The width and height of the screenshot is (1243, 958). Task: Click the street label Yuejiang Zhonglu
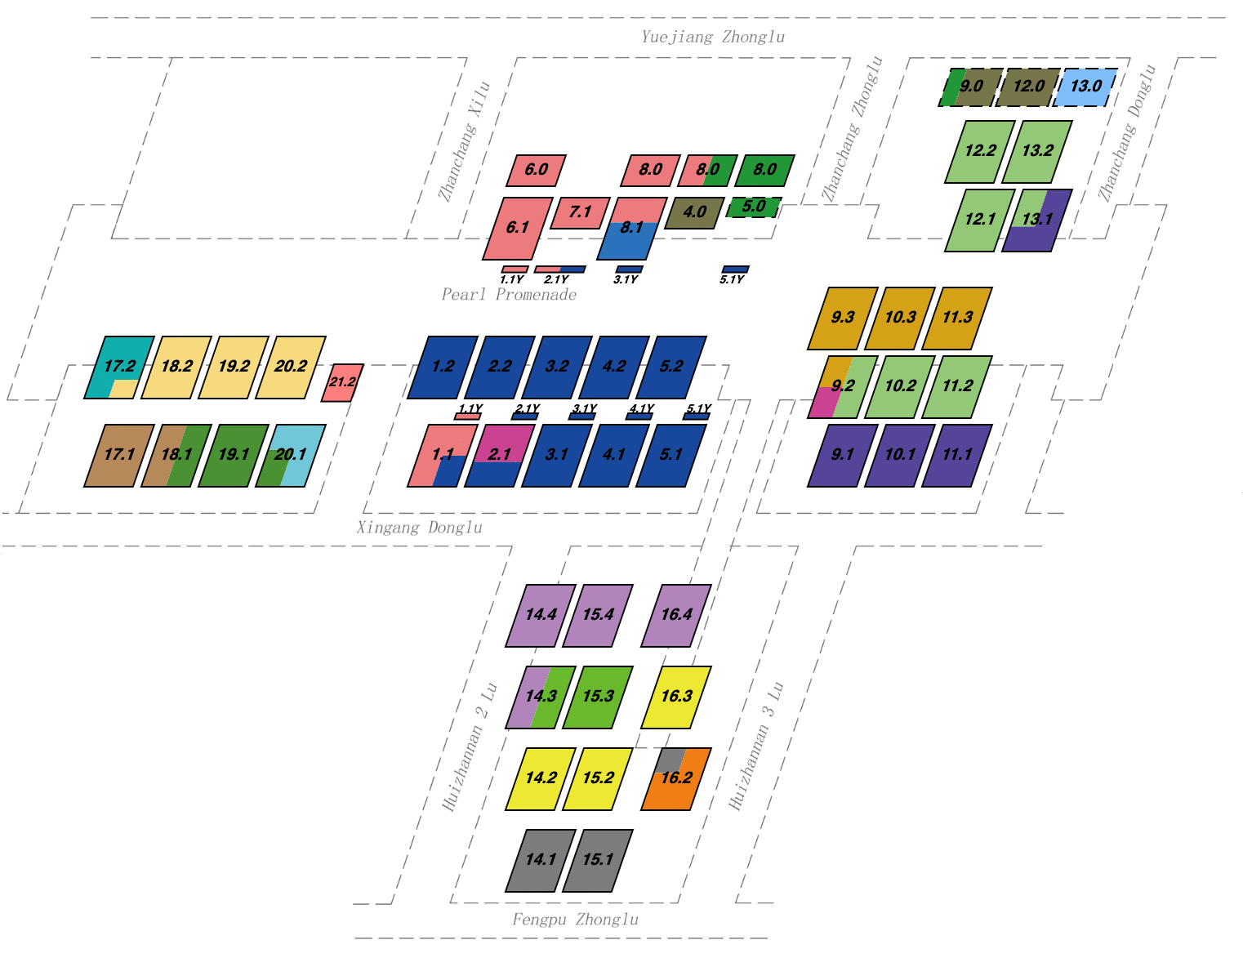point(712,37)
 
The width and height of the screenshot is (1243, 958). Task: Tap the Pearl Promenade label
point(509,295)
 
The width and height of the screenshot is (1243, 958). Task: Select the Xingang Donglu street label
point(419,528)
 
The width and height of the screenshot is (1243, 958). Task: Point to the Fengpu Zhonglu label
point(575,920)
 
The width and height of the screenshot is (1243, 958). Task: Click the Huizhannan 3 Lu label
point(756,745)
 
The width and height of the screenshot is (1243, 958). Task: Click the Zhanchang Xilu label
point(464,141)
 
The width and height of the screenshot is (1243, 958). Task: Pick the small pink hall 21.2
point(342,382)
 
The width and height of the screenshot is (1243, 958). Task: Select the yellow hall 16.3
point(675,697)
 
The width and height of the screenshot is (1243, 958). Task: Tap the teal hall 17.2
point(118,367)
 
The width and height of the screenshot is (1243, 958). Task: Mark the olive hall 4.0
point(694,212)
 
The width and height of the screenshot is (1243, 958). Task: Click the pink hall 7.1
point(580,212)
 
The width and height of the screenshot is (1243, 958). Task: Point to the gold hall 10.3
point(899,318)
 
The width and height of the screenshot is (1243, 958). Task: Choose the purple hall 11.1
point(956,455)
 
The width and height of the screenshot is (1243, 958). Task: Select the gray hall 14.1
point(540,860)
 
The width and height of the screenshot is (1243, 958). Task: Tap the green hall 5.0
point(753,207)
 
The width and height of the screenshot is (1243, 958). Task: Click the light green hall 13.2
point(1036,151)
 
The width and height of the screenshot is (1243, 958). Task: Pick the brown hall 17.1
point(118,455)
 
